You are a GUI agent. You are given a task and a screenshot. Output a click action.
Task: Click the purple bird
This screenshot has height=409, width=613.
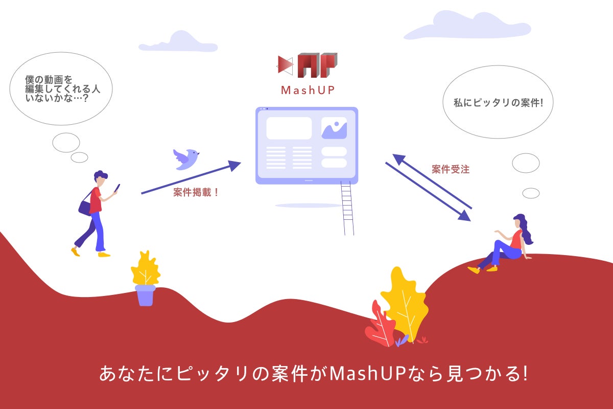(186, 159)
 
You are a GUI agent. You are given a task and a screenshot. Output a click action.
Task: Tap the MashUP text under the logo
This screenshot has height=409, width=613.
(308, 90)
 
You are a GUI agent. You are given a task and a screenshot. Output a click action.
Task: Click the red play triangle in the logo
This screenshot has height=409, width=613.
(285, 65)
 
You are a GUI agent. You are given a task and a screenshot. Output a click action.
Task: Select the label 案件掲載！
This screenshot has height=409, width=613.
(196, 192)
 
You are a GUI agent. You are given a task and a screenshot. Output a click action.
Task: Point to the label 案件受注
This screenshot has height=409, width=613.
(451, 169)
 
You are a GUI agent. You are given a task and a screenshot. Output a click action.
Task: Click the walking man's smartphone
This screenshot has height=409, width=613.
(117, 188)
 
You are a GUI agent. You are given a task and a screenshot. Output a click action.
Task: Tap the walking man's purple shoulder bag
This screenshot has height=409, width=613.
(85, 208)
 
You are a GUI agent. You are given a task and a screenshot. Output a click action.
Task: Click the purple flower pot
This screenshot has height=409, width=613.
(145, 296)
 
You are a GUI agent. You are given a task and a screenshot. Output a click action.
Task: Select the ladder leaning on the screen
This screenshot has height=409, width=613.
(347, 208)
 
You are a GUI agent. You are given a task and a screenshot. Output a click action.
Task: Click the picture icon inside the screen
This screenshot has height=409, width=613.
(334, 128)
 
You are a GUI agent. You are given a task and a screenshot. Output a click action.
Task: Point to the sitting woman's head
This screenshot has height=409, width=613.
(518, 221)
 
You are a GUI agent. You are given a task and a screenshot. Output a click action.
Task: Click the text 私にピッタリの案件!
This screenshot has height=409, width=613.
(498, 103)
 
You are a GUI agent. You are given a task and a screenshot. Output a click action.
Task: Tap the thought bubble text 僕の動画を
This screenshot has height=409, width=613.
(49, 80)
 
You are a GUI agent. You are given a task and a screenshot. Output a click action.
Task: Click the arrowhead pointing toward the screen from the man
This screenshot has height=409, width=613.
(234, 165)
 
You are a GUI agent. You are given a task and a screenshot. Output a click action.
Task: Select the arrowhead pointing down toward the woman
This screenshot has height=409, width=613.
(464, 216)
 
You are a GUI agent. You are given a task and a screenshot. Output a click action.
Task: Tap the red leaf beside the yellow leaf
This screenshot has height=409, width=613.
(381, 325)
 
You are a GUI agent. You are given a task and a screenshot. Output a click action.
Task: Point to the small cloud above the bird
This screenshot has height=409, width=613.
(178, 42)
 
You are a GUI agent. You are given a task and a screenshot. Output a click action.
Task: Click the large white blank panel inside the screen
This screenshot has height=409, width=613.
(289, 128)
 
